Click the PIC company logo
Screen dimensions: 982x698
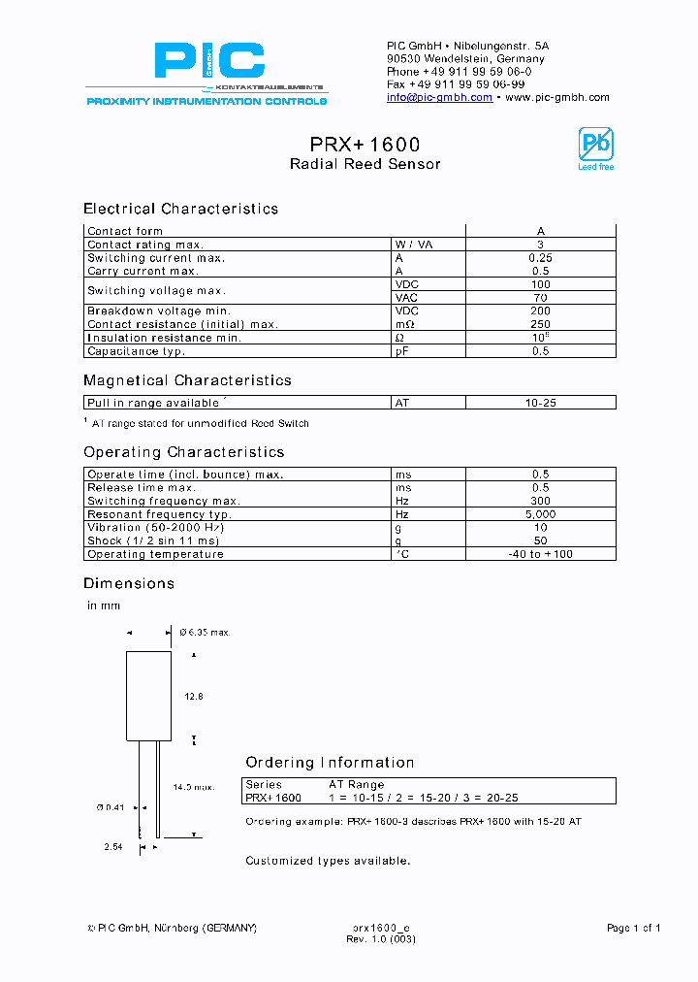click(207, 64)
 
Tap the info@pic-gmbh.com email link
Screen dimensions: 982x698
click(439, 98)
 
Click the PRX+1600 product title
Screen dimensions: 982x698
click(365, 144)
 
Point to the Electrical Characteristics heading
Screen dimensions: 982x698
click(180, 209)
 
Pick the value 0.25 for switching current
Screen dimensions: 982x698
click(540, 258)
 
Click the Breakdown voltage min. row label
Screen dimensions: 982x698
click(158, 311)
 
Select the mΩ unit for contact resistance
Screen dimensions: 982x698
click(404, 324)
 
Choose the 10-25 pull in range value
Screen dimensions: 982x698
click(540, 402)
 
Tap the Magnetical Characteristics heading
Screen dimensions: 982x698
click(187, 380)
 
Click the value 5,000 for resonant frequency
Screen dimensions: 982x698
click(540, 514)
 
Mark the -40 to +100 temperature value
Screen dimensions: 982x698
click(540, 554)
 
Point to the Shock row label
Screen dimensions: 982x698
click(153, 540)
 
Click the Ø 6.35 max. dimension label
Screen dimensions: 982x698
click(205, 633)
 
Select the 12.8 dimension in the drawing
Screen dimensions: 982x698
click(194, 696)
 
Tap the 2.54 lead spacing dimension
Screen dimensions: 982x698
click(115, 847)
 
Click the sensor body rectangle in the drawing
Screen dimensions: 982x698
click(149, 696)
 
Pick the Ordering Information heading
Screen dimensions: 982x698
click(330, 763)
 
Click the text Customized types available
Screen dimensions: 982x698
click(328, 861)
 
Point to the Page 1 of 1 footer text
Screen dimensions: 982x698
click(633, 929)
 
